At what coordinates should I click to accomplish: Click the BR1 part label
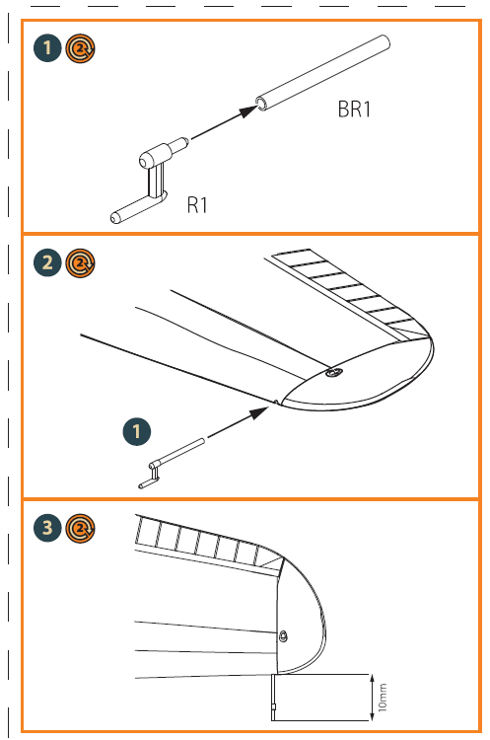point(354,109)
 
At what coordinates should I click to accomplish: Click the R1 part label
point(197,205)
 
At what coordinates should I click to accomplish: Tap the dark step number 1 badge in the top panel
point(47,47)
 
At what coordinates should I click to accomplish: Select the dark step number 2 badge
point(47,262)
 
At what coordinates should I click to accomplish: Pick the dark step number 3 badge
point(47,528)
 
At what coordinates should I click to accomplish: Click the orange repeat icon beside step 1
point(80,47)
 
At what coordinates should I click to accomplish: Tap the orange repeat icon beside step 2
point(80,262)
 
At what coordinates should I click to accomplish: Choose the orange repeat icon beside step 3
point(80,528)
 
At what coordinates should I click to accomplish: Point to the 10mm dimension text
point(383,697)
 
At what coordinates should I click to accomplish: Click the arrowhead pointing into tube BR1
point(248,111)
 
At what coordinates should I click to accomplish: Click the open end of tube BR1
point(261,104)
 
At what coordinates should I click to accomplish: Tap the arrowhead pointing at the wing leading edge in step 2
point(258,412)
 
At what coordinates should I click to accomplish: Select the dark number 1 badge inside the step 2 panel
point(137,431)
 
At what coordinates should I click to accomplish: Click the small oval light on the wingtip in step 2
point(334,372)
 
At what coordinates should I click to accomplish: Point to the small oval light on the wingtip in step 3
point(283,635)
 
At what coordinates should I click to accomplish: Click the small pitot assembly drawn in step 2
point(172,463)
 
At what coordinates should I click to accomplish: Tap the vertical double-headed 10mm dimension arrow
point(372,698)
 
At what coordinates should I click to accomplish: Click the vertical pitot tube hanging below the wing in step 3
point(273,697)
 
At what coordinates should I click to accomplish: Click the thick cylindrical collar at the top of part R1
point(155,154)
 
